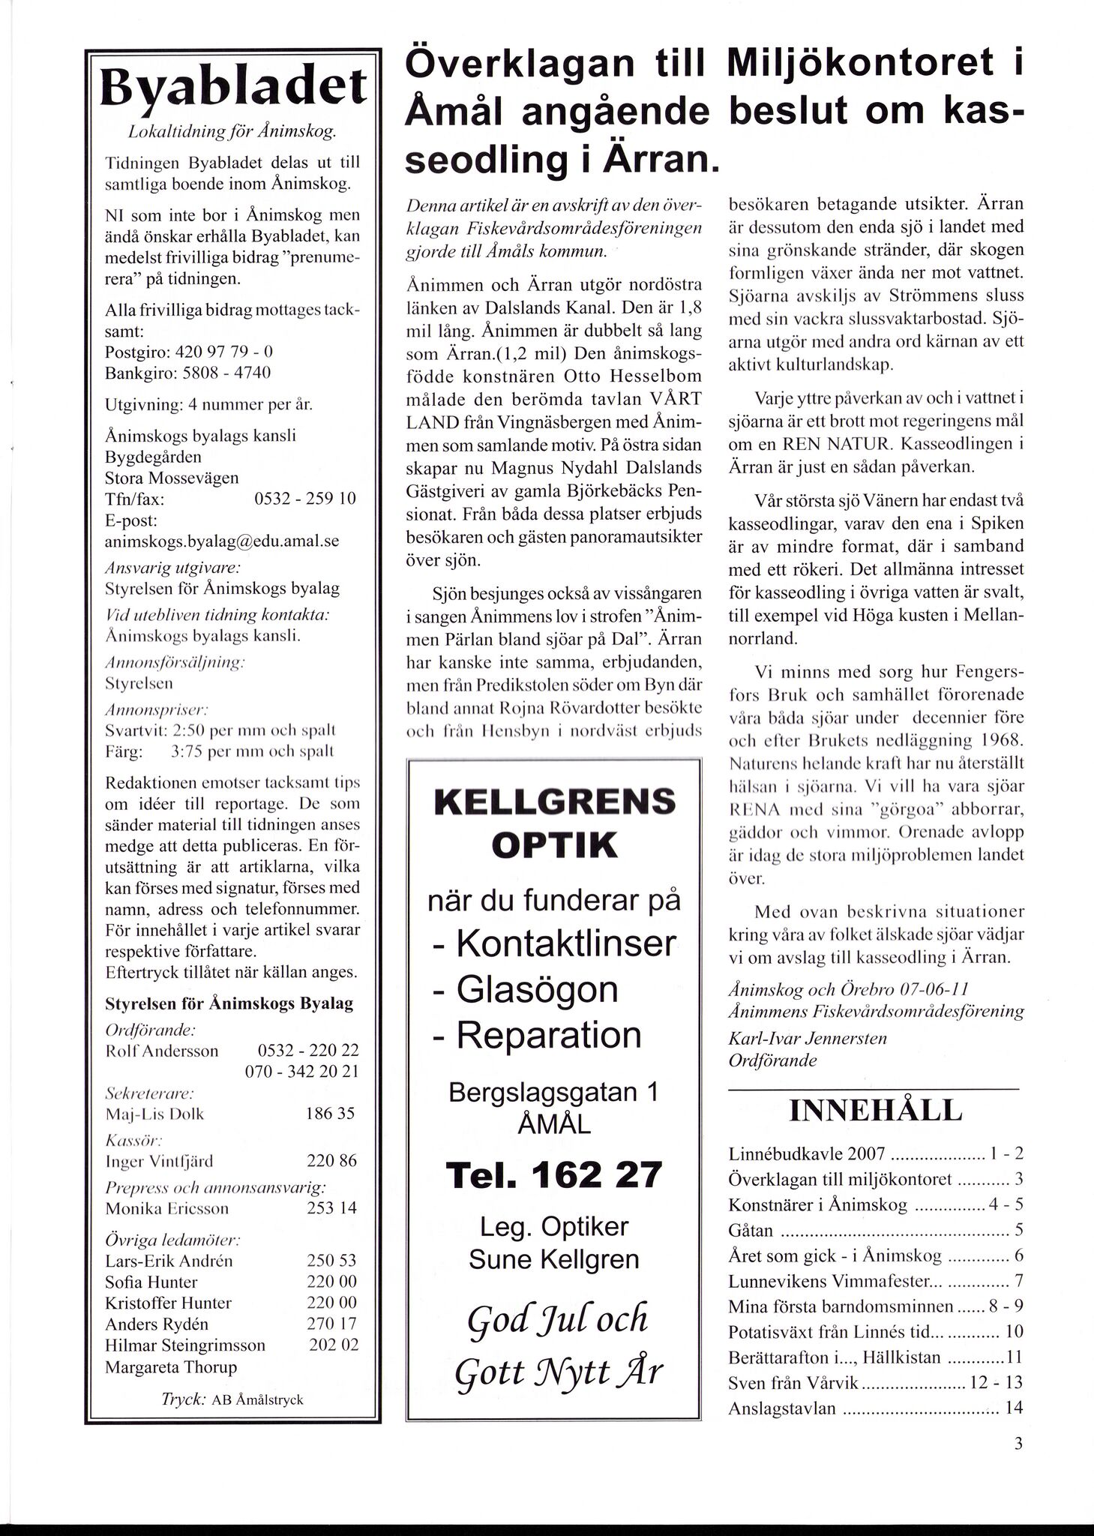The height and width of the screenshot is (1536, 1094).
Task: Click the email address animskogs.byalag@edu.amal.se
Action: coord(223,541)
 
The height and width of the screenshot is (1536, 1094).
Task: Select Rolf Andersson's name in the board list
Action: coord(162,1051)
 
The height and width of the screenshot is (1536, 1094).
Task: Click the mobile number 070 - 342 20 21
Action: coord(301,1072)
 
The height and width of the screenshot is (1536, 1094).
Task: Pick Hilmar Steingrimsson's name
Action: coord(185,1345)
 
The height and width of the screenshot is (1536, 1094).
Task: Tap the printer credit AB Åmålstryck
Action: coord(257,1399)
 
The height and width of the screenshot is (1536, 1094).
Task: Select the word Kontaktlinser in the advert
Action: coord(566,942)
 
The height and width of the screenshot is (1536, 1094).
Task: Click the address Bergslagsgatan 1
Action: coord(553,1092)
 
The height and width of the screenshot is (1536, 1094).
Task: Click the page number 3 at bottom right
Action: coord(1018,1444)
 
